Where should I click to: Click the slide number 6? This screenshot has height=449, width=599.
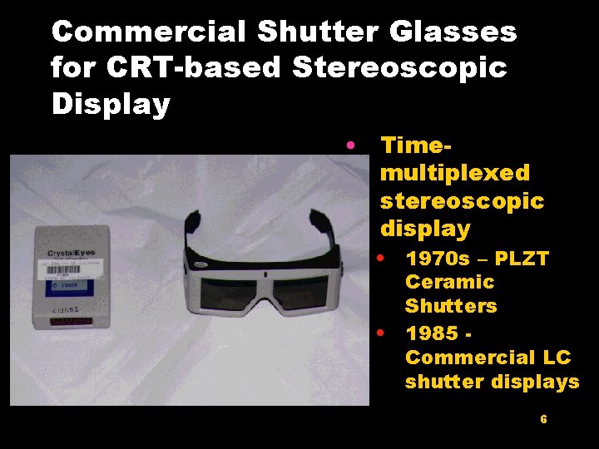pos(543,420)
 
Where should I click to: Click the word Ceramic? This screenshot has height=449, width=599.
pos(449,283)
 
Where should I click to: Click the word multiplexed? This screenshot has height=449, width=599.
pos(454,173)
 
